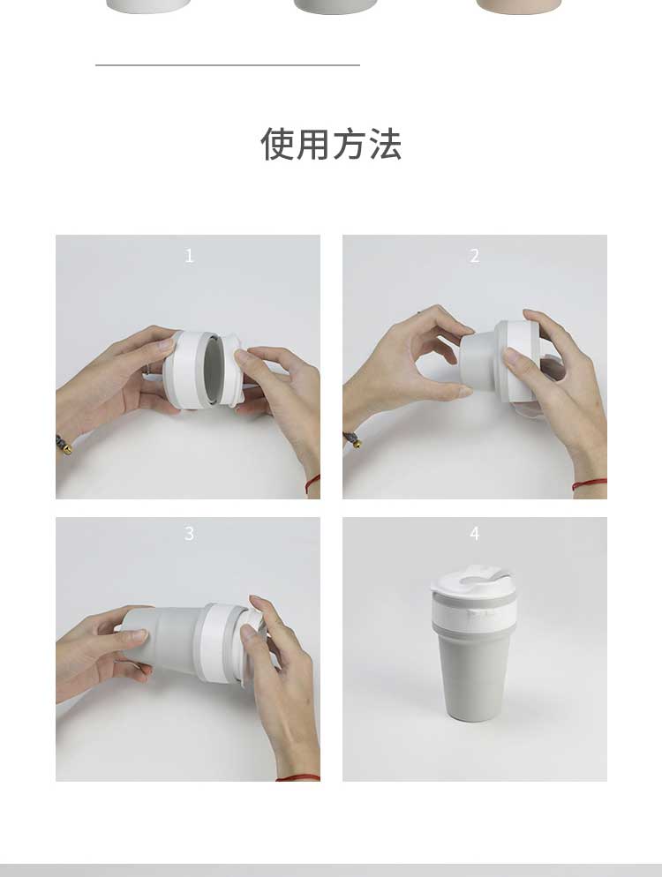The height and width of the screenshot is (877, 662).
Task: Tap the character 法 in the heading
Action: [385, 144]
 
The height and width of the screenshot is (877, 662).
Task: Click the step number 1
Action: [189, 256]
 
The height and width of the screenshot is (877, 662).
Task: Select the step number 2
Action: [475, 256]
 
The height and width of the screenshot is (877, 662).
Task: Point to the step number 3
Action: [189, 533]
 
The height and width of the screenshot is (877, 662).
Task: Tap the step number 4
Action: [475, 533]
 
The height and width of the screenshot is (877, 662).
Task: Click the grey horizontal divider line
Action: [227, 65]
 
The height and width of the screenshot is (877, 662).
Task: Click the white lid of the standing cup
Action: [473, 581]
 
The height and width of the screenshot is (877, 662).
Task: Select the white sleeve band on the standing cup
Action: [474, 613]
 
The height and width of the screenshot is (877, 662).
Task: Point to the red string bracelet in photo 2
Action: [590, 483]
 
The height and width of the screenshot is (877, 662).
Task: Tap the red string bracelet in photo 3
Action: [297, 777]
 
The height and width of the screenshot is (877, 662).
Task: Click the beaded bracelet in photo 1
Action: [64, 444]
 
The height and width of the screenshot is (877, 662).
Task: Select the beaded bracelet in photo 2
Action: [352, 439]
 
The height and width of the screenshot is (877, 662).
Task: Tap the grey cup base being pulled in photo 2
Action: [478, 361]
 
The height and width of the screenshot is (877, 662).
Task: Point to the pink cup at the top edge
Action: [518, 6]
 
